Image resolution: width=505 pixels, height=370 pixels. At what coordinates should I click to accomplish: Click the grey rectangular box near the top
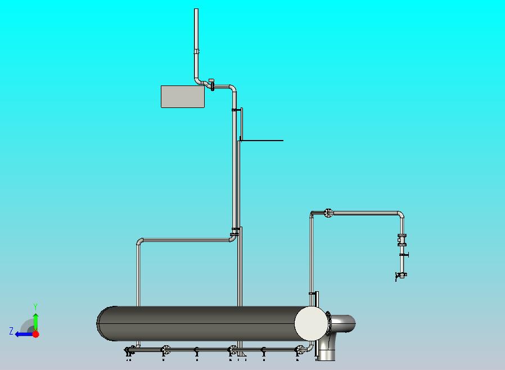coord(183,96)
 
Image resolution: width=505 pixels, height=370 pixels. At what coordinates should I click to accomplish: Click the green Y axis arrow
coord(35,321)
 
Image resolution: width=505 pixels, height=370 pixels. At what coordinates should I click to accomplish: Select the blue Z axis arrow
coord(22,334)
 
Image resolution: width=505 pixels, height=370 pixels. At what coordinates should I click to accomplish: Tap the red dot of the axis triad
coord(35,334)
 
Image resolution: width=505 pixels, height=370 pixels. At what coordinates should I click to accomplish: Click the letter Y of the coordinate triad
coord(35,306)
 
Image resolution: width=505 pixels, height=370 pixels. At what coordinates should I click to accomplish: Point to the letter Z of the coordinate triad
coord(11,332)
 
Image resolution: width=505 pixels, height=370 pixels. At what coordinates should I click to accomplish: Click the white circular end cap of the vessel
coord(310,323)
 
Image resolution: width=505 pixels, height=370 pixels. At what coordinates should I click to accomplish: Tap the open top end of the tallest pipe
coord(196,10)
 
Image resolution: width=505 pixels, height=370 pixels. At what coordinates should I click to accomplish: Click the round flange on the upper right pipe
coord(328,213)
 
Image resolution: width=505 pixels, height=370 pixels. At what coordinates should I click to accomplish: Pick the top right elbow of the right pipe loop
coord(400,215)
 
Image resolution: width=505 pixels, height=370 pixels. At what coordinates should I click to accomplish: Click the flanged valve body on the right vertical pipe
coord(402,240)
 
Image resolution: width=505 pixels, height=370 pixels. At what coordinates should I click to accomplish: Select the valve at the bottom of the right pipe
coord(400,275)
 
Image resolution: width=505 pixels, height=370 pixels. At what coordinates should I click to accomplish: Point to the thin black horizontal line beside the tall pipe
coord(262,141)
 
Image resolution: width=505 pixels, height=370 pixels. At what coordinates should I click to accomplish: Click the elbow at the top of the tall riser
coord(232,88)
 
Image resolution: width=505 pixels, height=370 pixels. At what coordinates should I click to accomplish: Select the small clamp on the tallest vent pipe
coord(196,51)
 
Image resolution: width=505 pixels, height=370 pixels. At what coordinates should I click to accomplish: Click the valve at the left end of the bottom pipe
coord(130,350)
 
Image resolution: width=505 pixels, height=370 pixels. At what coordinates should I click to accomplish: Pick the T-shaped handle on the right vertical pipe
coord(404,255)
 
